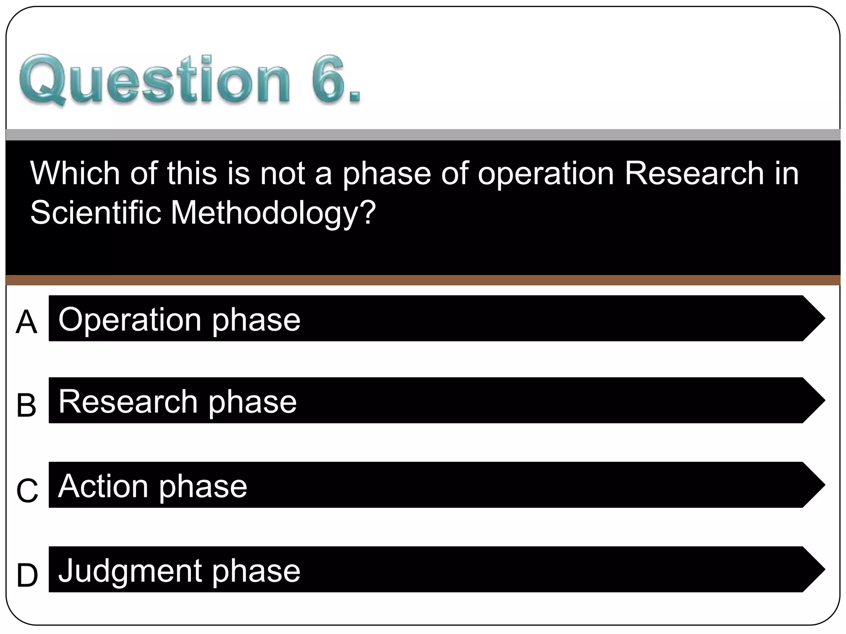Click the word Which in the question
point(75,173)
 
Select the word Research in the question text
point(694,173)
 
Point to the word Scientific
point(95,213)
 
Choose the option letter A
point(26,322)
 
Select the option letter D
point(27,575)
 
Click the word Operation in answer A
point(130,320)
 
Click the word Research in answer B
point(128,402)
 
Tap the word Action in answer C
point(103,486)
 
